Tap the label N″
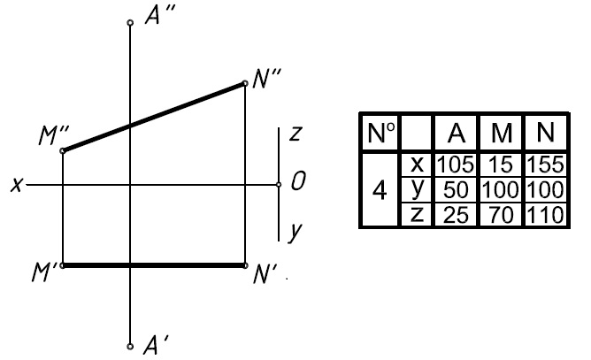[x=267, y=80]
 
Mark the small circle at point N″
[x=245, y=83]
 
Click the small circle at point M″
[x=63, y=151]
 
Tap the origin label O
[x=298, y=184]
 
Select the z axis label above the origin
[x=296, y=134]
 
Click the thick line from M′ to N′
[x=154, y=264]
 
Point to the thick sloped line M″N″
[x=154, y=117]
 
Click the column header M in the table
[x=502, y=133]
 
